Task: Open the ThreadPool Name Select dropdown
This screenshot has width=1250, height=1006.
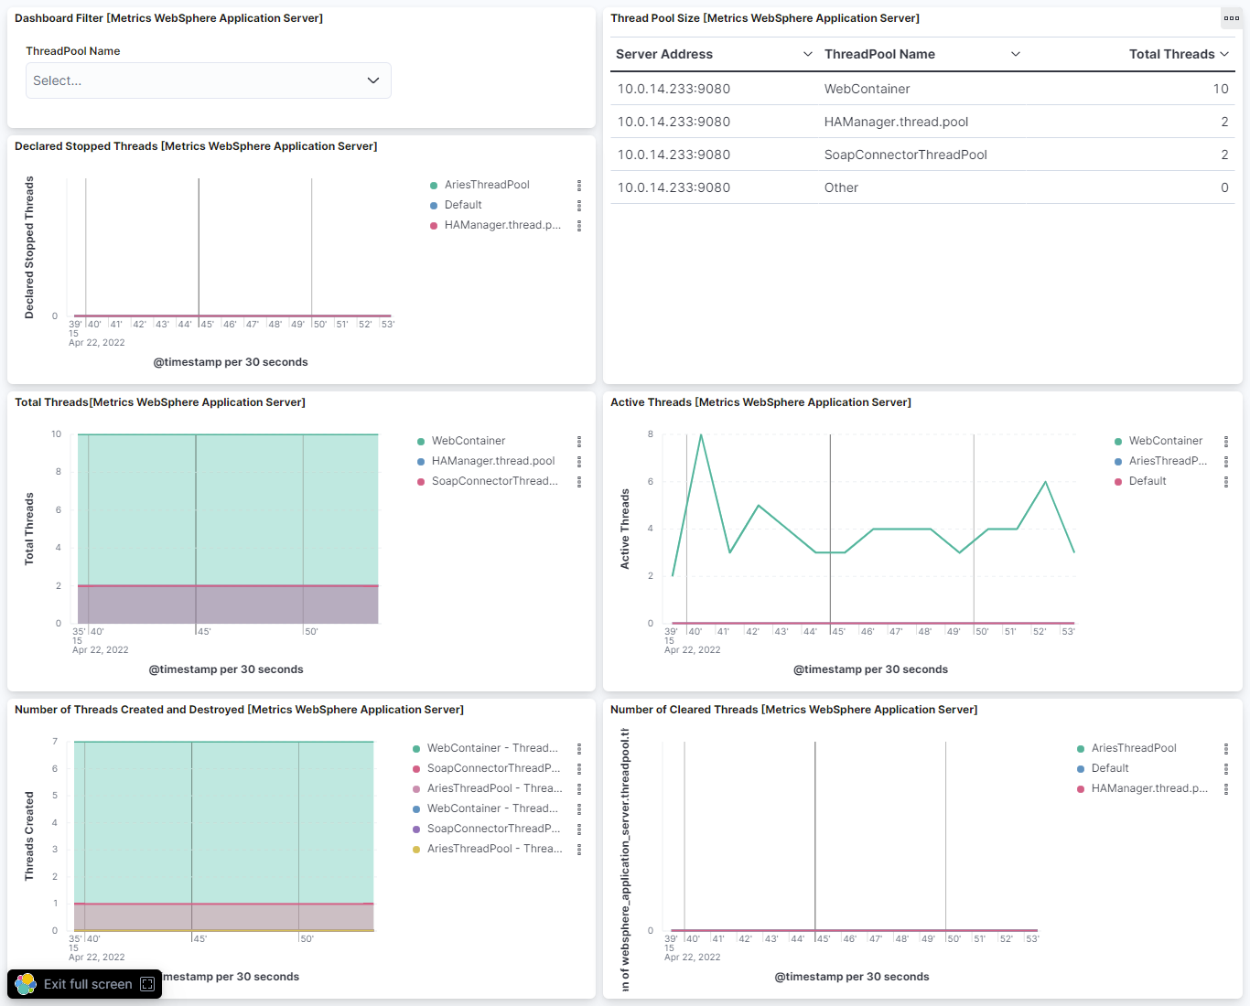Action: click(208, 80)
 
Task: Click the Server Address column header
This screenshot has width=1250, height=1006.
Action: click(664, 54)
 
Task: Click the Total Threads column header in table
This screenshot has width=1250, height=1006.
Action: click(1171, 54)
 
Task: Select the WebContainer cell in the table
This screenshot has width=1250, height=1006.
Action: click(867, 89)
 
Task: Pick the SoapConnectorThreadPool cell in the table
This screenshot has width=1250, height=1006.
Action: click(905, 155)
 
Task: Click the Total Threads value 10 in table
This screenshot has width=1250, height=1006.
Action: click(1220, 89)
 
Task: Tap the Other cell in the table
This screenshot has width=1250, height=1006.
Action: click(841, 187)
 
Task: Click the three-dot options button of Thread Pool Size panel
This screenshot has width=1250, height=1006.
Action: click(1231, 18)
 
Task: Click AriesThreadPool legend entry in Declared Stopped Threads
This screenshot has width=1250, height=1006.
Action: click(487, 185)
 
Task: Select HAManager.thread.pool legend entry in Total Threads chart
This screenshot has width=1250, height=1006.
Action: click(493, 461)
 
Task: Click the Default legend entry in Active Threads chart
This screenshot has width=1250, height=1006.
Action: click(1147, 481)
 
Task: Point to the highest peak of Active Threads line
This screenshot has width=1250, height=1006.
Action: click(701, 435)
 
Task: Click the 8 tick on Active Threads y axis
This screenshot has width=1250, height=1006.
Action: click(651, 434)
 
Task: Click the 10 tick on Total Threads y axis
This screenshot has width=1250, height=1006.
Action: click(57, 434)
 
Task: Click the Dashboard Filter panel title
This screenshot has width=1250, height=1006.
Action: click(168, 18)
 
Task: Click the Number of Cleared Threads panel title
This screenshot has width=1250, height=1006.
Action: click(793, 710)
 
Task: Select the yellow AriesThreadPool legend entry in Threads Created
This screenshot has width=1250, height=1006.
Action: click(494, 849)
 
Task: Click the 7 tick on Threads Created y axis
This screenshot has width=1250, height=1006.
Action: click(55, 742)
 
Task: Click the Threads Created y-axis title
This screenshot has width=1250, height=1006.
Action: click(29, 836)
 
